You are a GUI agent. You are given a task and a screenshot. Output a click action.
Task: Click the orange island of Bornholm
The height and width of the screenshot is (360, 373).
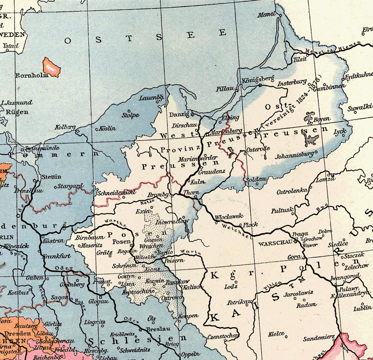pyautogui.click(x=52, y=66)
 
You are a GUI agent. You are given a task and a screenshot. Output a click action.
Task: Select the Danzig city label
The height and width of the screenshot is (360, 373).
pyautogui.click(x=179, y=114)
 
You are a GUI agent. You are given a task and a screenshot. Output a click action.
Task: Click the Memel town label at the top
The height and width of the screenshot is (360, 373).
pyautogui.click(x=267, y=15)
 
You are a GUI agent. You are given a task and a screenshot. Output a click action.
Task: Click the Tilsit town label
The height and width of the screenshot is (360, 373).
pyautogui.click(x=299, y=60)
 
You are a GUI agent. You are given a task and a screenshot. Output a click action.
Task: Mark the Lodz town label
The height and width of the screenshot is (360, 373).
pyautogui.click(x=230, y=286)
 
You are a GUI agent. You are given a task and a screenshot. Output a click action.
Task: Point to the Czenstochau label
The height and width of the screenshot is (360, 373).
pyautogui.click(x=223, y=336)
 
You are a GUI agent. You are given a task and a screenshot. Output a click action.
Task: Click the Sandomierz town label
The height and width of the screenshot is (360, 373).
pyautogui.click(x=319, y=339)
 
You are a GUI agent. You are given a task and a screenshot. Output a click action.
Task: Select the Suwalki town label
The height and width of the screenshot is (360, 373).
pyautogui.click(x=358, y=107)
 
